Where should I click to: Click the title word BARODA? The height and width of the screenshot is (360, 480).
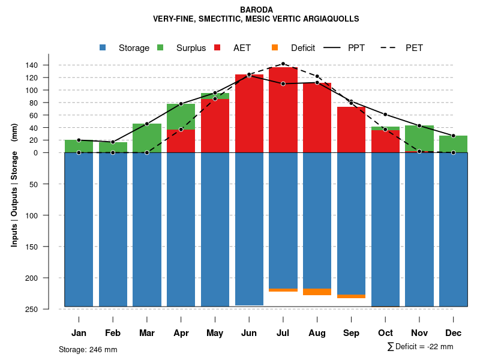coord(256,10)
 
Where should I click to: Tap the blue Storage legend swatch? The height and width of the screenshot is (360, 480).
coord(103,47)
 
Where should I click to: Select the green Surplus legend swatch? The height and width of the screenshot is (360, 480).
coord(160,47)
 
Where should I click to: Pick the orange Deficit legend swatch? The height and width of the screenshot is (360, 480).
coord(274,47)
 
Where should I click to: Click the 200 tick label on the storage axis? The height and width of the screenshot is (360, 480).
coord(49,278)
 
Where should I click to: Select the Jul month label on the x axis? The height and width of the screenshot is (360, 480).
coord(283,333)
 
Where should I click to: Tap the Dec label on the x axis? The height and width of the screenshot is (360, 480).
coord(453,333)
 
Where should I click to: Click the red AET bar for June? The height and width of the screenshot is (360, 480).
coord(249,114)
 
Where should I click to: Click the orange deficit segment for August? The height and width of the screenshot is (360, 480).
coord(317,292)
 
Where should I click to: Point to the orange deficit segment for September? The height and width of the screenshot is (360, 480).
coord(352,296)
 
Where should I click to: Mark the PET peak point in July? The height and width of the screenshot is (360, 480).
coord(283,64)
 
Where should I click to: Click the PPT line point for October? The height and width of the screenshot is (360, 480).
coord(385,115)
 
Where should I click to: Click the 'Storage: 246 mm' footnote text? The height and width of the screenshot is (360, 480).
coord(88,350)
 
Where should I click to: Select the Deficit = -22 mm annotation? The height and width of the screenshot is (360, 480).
coord(421,347)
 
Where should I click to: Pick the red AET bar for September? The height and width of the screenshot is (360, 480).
coord(352,129)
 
